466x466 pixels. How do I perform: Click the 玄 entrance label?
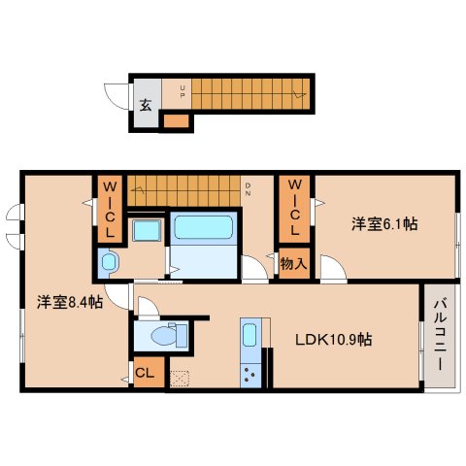coord(146,105)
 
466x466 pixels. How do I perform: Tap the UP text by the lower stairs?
coord(183,91)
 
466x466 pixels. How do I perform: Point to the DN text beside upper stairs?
coord(248,189)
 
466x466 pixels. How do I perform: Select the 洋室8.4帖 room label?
coord(70,302)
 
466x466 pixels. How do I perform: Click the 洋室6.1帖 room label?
coord(384,224)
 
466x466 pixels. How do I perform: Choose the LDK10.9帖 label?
coord(334,340)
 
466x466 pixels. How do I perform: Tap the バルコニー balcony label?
coord(441,335)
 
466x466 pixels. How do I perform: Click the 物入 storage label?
coord(293,264)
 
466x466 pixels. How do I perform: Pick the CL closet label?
coord(145,373)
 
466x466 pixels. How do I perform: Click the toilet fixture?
coord(169,335)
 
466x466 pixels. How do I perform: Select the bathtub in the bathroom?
coord(204,227)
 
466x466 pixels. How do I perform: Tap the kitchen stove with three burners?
coord(250,375)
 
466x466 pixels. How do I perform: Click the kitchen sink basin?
coord(250,335)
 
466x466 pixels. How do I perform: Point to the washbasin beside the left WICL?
coord(147,230)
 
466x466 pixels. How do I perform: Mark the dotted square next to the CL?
coord(180,379)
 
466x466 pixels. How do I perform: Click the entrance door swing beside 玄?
coord(116,96)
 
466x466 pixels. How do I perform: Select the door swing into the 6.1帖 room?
coord(333,268)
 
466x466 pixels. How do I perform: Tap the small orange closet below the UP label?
coord(176,121)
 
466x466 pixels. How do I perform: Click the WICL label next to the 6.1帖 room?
coord(294,208)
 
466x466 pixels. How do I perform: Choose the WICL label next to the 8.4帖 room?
coord(110,210)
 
